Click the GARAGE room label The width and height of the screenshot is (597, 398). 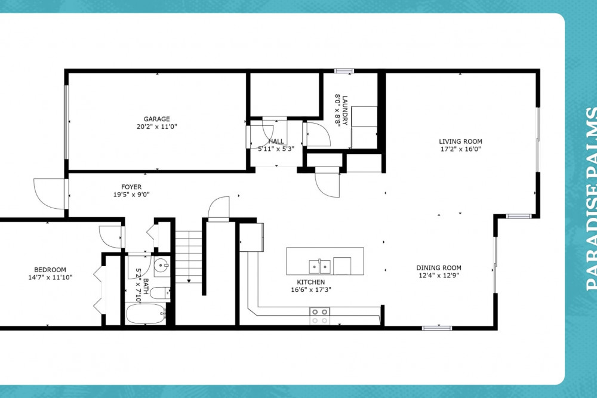156,119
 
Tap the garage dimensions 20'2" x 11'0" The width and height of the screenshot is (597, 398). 156,127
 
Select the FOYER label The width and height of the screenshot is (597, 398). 131,187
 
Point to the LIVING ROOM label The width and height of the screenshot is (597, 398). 460,141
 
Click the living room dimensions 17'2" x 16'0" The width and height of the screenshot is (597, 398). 460,149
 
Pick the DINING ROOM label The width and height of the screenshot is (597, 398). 439,268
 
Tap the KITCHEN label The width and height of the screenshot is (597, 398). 310,282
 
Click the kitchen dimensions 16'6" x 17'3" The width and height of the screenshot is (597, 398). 310,289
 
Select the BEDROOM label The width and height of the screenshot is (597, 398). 50,270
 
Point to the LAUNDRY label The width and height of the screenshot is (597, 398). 345,110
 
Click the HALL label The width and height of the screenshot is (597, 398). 276,141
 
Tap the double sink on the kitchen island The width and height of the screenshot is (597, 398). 319,267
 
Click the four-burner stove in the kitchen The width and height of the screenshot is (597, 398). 319,316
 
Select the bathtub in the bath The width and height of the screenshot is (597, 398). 146,314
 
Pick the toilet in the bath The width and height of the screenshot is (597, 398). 160,294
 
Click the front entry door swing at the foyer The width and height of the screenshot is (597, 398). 50,194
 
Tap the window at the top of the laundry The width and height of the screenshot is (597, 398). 344,71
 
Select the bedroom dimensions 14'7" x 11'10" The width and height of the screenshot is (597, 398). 50,277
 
